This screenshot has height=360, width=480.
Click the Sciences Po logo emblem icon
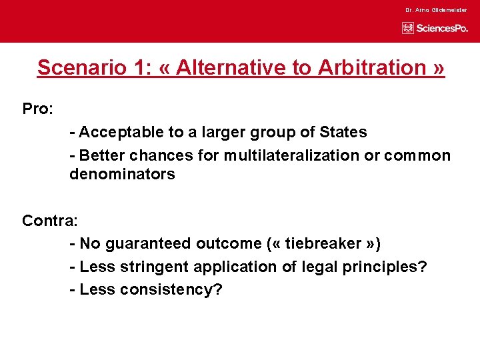pos(408,28)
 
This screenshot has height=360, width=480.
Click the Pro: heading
pos(37,109)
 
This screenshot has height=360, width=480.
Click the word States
pos(345,133)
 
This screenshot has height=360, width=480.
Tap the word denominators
pos(122,175)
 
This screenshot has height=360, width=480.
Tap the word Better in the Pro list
pos(103,156)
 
